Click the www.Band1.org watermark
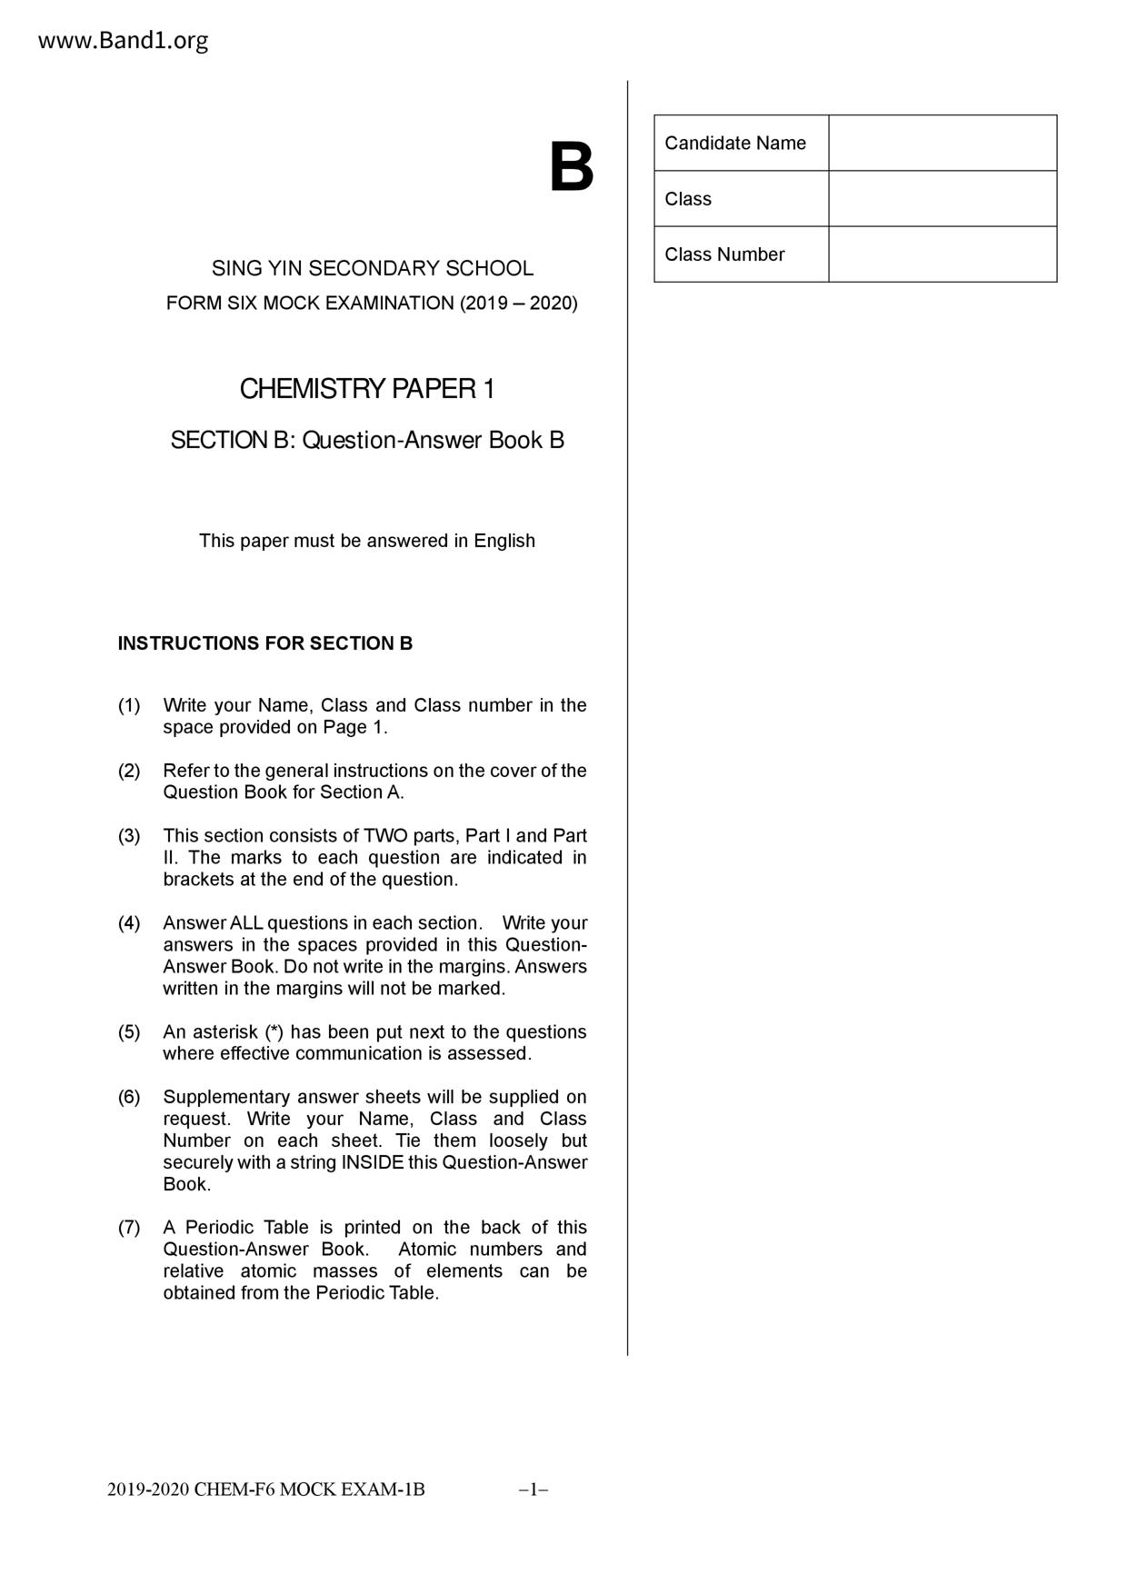[124, 41]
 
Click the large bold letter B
[571, 168]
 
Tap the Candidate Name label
[735, 143]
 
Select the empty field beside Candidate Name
[942, 143]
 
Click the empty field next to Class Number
[942, 254]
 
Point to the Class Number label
[724, 254]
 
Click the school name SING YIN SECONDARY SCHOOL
[373, 268]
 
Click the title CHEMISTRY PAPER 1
[367, 389]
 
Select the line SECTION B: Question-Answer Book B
[367, 441]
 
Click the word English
[504, 541]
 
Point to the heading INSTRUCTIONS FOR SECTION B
[265, 643]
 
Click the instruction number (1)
[129, 705]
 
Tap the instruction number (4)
[129, 923]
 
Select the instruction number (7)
[129, 1228]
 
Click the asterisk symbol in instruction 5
[274, 1031]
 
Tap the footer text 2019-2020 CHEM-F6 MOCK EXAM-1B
[266, 1489]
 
